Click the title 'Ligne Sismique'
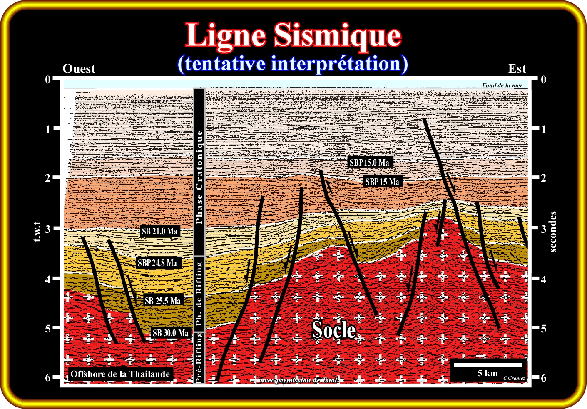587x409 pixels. [x=293, y=35]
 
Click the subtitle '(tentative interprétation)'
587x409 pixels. [x=293, y=64]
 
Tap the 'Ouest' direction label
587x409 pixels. [x=79, y=69]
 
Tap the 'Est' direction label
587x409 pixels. [x=517, y=69]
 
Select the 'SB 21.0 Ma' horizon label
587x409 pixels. [x=159, y=232]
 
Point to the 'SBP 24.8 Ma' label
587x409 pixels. [x=157, y=263]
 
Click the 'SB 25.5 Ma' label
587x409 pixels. [x=163, y=301]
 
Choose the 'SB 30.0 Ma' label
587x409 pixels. [x=170, y=333]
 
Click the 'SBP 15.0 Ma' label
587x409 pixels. [x=369, y=162]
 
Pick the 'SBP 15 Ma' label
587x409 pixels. [x=382, y=182]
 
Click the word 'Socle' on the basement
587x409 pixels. [x=334, y=330]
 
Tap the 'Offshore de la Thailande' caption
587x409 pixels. [x=120, y=374]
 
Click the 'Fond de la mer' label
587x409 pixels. [x=502, y=85]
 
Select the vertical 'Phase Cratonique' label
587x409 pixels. [x=199, y=177]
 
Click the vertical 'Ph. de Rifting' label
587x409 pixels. [x=199, y=294]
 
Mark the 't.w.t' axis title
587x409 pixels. [x=37, y=232]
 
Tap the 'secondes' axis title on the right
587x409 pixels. [x=553, y=232]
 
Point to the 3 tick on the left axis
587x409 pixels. [x=48, y=229]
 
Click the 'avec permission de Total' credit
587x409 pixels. [x=298, y=380]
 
